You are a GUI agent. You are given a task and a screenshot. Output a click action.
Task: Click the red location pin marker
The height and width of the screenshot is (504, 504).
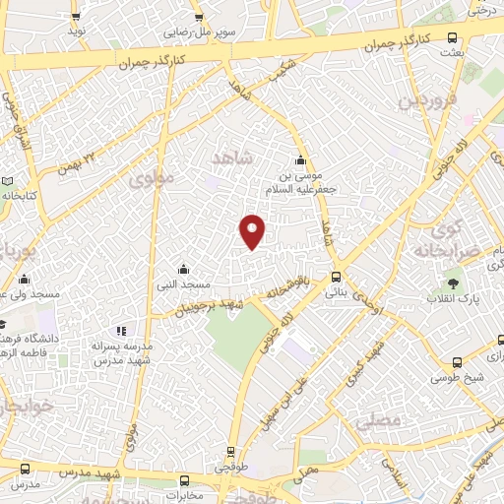click(253, 231)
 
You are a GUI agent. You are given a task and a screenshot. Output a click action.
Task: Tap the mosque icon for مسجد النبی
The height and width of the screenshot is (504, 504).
click(183, 268)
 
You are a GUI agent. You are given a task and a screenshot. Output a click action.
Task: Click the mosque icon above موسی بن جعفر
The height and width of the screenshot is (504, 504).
click(300, 161)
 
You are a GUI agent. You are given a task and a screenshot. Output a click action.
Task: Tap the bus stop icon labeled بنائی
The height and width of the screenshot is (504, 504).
click(337, 277)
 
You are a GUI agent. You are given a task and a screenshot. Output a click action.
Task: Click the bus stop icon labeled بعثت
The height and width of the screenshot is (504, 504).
click(452, 38)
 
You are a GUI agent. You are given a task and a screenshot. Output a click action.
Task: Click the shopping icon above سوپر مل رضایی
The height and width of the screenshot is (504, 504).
click(199, 17)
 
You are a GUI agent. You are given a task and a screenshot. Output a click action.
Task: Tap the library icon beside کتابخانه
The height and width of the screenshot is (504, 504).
click(8, 182)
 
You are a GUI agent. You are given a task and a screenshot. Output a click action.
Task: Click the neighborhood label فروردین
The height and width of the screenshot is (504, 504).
click(422, 101)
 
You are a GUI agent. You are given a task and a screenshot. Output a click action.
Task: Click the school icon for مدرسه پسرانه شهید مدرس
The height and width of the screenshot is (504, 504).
click(122, 332)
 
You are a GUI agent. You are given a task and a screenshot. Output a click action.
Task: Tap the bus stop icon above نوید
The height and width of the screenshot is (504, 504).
click(72, 17)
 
